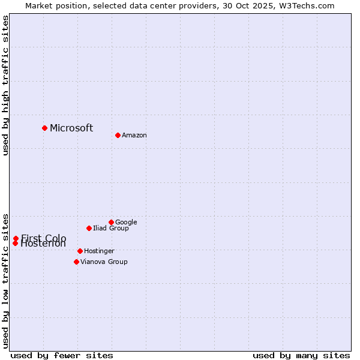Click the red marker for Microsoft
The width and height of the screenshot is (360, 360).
click(44, 128)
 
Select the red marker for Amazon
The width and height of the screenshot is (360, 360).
click(118, 135)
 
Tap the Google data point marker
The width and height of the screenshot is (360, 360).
click(111, 222)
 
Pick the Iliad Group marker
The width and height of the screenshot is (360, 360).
click(89, 228)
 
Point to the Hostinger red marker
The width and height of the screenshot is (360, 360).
click(80, 251)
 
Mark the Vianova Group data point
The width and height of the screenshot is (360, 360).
click(76, 262)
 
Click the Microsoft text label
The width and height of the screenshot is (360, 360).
click(71, 128)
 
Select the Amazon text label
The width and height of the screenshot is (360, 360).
click(134, 136)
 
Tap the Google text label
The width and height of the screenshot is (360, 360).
click(126, 223)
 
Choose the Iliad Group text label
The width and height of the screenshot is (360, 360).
click(111, 229)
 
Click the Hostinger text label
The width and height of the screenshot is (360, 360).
click(99, 251)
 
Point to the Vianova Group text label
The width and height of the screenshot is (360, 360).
click(104, 262)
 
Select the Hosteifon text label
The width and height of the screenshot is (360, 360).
click(43, 244)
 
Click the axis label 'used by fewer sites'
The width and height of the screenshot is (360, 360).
click(62, 356)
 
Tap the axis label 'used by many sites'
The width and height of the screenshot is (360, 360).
click(301, 356)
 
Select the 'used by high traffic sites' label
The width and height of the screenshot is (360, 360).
click(6, 85)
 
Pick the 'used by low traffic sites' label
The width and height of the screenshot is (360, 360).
click(6, 280)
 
